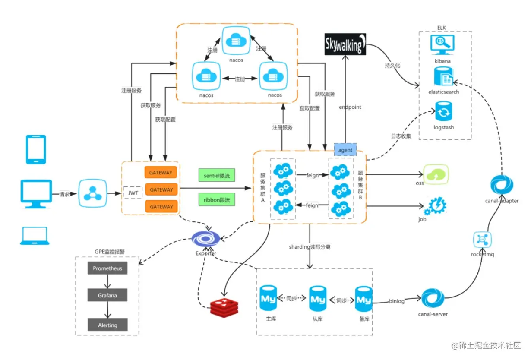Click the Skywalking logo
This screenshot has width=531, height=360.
click(345, 44)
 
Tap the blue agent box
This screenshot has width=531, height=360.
click(345, 150)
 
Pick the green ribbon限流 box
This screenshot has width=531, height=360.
click(217, 200)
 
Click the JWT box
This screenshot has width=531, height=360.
click(133, 193)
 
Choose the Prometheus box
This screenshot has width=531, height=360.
click(107, 268)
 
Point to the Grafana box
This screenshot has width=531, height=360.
click(107, 296)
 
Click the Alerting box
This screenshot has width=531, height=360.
click(107, 325)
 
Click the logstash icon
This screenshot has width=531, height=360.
click(443, 112)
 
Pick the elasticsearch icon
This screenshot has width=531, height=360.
click(443, 78)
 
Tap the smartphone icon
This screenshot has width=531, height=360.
click(36, 149)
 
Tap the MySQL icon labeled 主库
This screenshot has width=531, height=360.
click(268, 297)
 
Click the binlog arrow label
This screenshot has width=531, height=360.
click(397, 301)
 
